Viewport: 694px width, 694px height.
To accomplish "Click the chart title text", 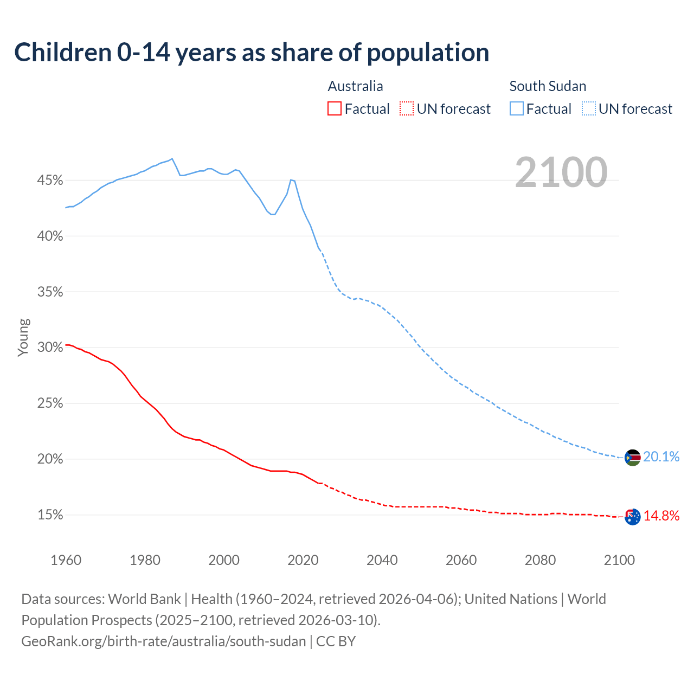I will [252, 53].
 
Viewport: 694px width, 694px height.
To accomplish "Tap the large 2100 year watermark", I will [561, 172].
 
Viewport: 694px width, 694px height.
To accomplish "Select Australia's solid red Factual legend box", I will [335, 109].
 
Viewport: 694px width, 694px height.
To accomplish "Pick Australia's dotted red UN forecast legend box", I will [407, 109].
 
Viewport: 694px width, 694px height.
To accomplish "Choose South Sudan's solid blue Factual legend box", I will [516, 109].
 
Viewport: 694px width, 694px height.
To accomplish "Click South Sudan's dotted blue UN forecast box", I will [589, 109].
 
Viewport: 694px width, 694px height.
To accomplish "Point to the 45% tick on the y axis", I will [50, 180].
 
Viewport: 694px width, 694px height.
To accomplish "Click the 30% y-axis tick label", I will [50, 348].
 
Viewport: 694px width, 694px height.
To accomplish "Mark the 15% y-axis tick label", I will [50, 515].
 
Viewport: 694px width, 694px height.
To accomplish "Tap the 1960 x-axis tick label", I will [66, 560].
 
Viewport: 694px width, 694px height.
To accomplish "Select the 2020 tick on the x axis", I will [303, 560].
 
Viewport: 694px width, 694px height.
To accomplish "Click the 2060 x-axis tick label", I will [461, 560].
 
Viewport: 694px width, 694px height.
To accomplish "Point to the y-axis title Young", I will [23, 337].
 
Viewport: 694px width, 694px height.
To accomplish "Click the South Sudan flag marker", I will [633, 458].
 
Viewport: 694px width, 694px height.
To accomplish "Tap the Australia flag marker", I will [633, 517].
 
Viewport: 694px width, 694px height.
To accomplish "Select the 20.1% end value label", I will [661, 457].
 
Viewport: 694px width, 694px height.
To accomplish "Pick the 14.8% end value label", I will [661, 516].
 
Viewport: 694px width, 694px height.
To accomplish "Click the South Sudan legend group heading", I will [548, 86].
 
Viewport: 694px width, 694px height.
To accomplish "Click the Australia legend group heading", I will [355, 86].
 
